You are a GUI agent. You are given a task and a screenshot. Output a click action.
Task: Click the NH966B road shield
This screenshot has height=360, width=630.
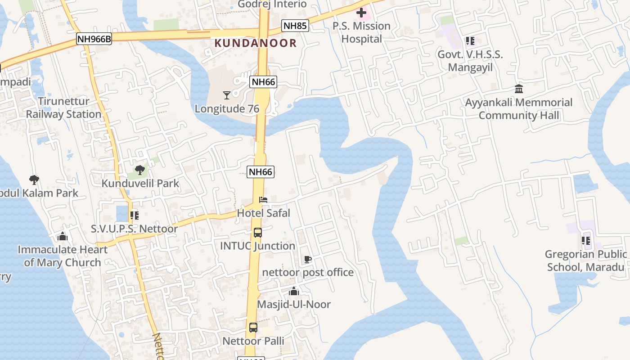(x=94, y=39)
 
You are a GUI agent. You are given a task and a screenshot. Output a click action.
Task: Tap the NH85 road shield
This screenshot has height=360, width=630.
(x=295, y=26)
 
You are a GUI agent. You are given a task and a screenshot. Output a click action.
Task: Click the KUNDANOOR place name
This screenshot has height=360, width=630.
(x=256, y=43)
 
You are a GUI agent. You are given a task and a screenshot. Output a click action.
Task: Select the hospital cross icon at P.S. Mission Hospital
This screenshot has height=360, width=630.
(x=361, y=13)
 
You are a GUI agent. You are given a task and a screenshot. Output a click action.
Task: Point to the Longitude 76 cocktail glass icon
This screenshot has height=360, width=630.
(x=227, y=95)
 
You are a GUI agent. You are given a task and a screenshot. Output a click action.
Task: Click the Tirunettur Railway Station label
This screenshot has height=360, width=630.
(x=63, y=108)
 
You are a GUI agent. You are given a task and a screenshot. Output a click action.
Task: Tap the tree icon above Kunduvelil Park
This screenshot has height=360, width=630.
(x=140, y=170)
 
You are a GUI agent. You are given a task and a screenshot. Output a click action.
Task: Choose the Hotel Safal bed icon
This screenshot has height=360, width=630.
(x=263, y=200)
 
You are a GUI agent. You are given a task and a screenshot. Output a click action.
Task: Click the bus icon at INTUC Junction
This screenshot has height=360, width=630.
(x=257, y=233)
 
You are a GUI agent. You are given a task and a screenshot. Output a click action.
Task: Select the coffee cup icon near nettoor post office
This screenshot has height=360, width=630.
(x=308, y=259)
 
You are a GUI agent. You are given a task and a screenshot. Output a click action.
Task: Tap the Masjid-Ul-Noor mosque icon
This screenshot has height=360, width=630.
(x=294, y=292)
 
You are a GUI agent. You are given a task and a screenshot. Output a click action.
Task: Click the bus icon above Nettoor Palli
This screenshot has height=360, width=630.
(x=253, y=328)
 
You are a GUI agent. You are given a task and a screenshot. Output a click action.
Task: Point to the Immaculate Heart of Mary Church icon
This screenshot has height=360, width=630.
(x=63, y=237)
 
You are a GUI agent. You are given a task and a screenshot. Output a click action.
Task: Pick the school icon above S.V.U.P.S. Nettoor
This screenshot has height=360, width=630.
(x=134, y=216)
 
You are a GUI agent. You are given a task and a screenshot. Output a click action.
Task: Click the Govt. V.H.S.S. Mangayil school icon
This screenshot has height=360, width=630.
(x=470, y=41)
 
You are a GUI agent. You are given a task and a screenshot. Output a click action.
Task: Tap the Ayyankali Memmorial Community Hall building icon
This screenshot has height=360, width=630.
(x=519, y=89)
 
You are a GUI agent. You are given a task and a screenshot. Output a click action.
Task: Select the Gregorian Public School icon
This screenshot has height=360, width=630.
(x=586, y=241)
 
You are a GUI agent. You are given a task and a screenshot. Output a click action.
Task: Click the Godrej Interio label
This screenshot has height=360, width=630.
(x=272, y=4)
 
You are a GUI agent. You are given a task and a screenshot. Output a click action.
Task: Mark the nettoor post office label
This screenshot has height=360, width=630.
(x=308, y=272)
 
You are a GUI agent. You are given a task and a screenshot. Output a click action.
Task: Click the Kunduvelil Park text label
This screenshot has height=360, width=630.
(x=140, y=183)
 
